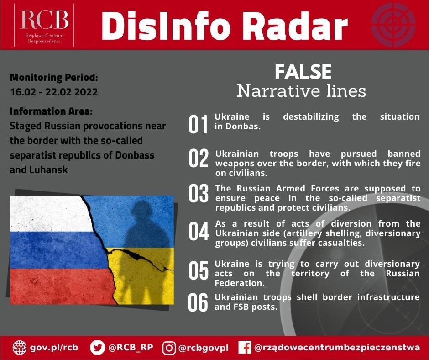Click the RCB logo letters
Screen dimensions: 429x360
point(44,20)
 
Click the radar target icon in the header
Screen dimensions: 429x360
point(393,24)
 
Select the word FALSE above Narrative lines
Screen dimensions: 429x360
point(303,72)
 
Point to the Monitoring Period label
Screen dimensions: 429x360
point(54,78)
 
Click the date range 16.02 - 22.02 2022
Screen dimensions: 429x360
point(54,92)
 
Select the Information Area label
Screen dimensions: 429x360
point(51,111)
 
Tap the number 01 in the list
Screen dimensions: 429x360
point(198,124)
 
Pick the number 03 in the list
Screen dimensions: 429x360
point(199,193)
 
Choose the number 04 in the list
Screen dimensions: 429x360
point(199,232)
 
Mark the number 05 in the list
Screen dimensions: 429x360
point(199,270)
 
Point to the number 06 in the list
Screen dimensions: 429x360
point(198,302)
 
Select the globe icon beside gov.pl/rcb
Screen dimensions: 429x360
point(20,348)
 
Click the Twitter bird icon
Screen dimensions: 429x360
point(97,348)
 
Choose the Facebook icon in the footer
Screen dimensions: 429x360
point(245,348)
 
